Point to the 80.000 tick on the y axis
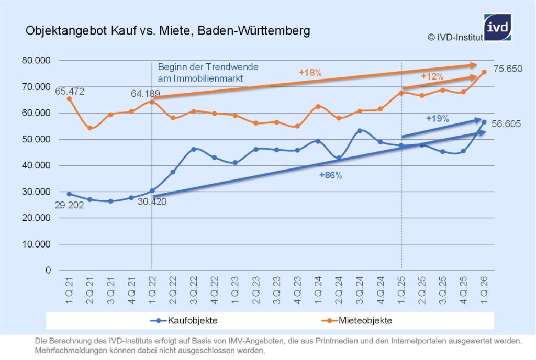(x=35, y=61)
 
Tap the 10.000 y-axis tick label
(x=35, y=244)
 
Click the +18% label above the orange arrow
(x=310, y=73)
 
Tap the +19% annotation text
(x=438, y=119)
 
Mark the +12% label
(x=432, y=76)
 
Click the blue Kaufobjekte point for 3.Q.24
(x=360, y=131)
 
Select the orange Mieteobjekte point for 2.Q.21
(x=90, y=128)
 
